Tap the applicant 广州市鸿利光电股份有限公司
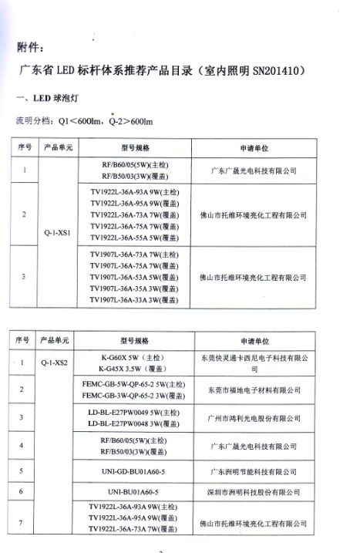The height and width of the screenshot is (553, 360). coord(263,418)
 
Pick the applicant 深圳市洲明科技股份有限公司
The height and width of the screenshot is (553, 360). coord(263,491)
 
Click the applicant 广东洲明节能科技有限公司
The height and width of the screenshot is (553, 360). coord(263,468)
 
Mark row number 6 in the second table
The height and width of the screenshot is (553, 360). coord(22,491)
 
